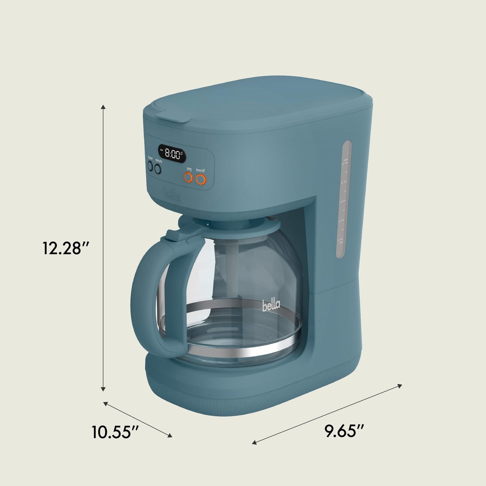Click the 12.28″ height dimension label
[65, 248]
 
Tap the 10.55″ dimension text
[115, 432]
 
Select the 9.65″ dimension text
[345, 431]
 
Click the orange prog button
[187, 178]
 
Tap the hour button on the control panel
[150, 166]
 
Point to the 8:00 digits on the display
[173, 154]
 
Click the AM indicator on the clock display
[162, 150]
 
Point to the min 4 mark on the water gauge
[341, 241]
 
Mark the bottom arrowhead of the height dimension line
[104, 389]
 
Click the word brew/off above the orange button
[200, 170]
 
